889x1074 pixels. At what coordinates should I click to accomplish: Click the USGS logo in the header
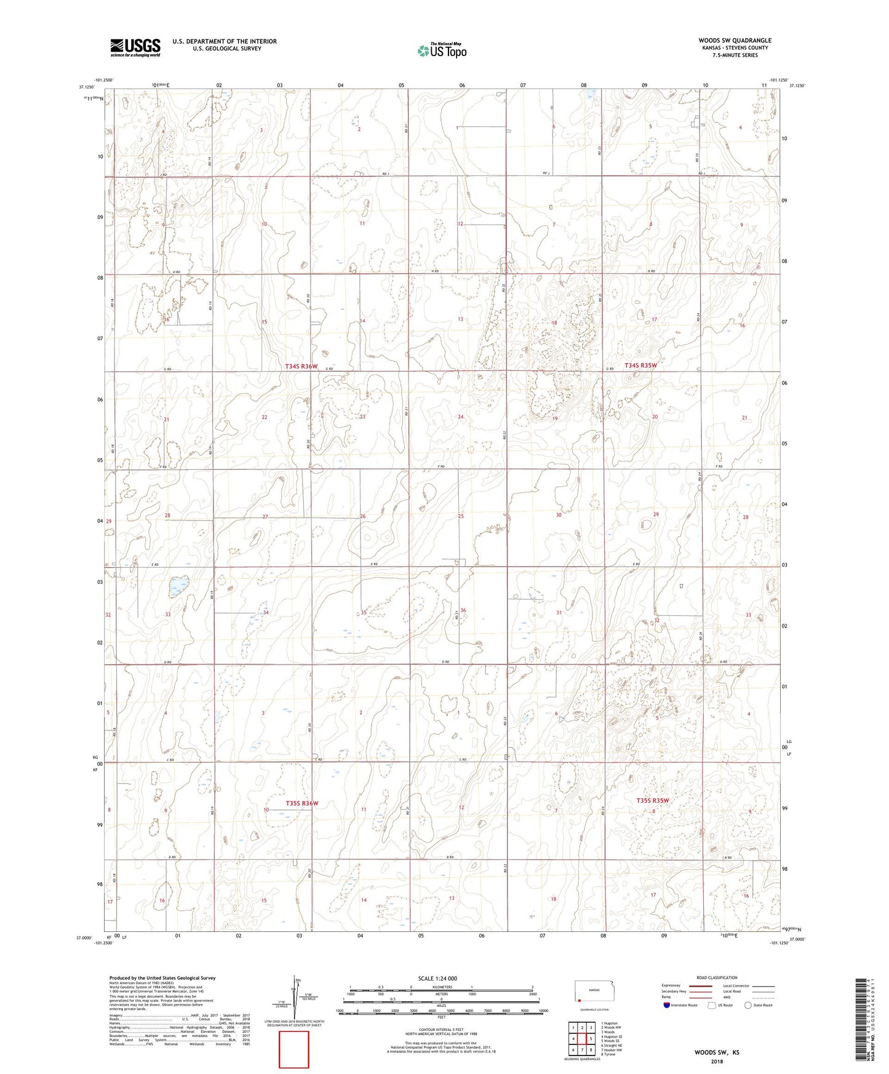click(135, 47)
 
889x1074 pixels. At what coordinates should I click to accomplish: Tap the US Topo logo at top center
click(441, 50)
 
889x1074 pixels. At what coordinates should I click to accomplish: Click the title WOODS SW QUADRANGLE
click(735, 41)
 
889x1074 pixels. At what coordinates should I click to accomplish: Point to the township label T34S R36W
click(301, 367)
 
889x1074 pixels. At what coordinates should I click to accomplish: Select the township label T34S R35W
click(641, 365)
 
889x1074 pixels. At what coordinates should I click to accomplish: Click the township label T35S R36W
click(301, 803)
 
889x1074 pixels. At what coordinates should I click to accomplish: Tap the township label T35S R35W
click(652, 800)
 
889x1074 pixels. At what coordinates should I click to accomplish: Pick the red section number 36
click(463, 610)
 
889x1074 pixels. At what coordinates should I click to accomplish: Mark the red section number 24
click(461, 416)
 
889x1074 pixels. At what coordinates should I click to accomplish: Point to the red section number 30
click(559, 515)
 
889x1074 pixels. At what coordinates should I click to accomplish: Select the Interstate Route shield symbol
click(667, 1005)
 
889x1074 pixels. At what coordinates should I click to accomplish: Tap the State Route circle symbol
click(748, 1005)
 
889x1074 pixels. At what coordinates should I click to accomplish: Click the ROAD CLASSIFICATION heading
click(717, 977)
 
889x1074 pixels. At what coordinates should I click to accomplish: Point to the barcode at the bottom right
click(861, 1024)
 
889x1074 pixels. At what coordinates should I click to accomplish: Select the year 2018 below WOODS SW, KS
click(717, 1062)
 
